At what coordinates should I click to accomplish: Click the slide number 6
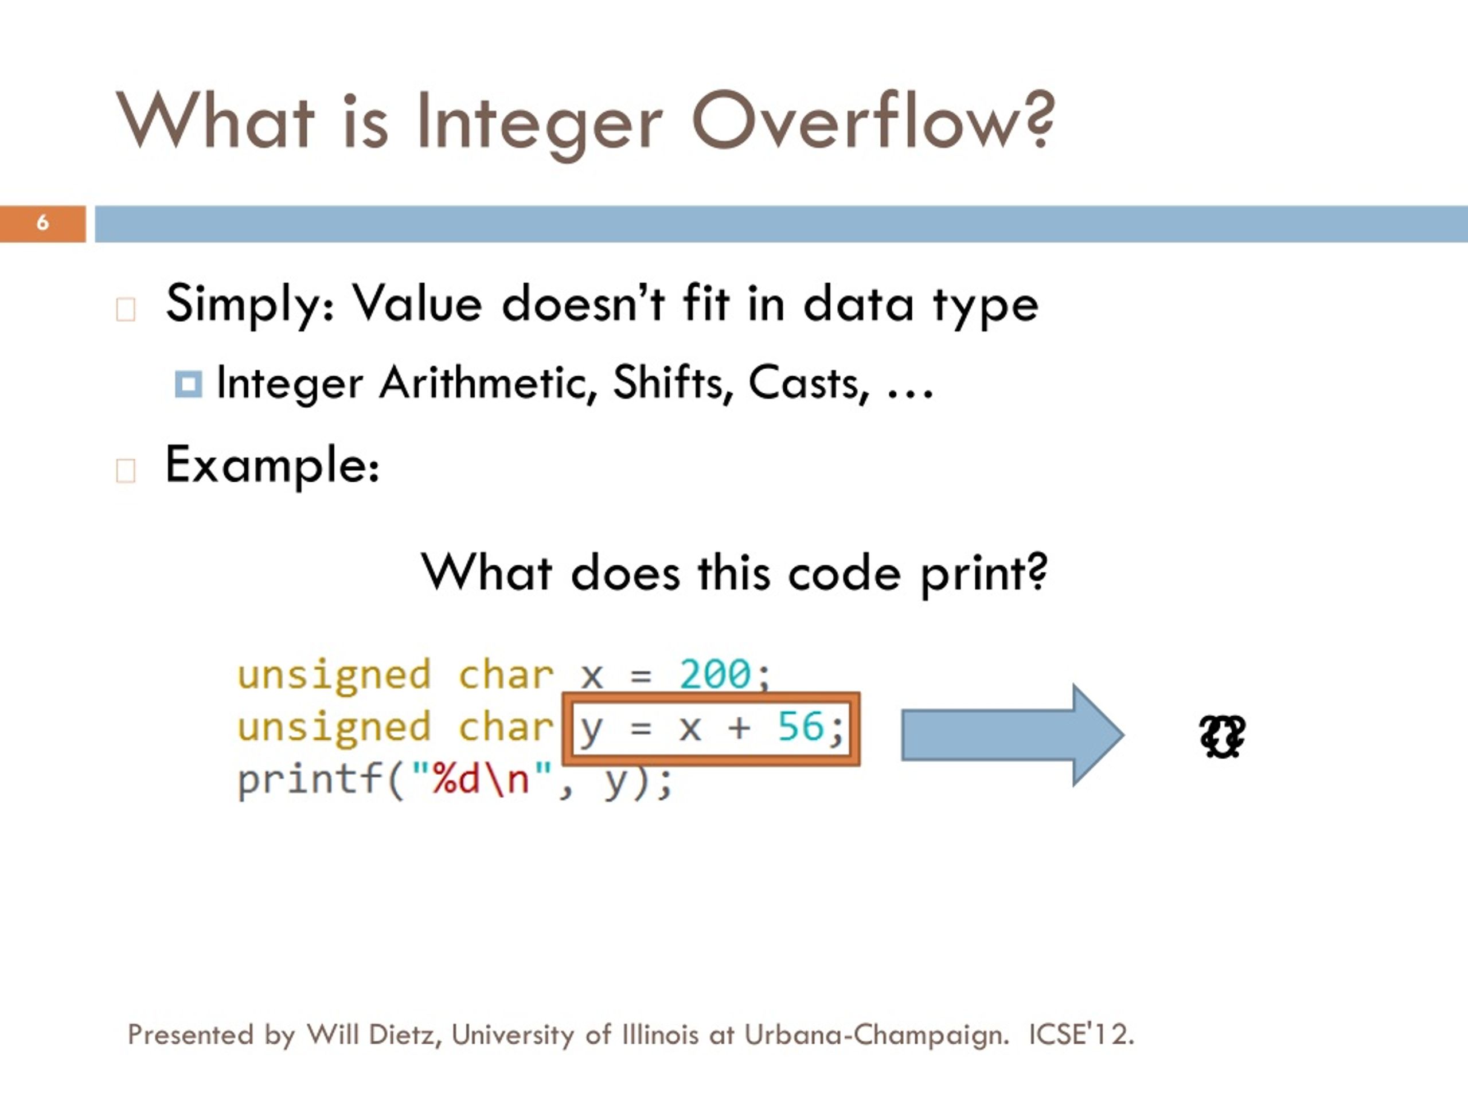(42, 222)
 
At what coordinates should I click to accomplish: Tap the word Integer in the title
(540, 123)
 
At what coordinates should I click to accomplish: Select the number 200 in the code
(715, 674)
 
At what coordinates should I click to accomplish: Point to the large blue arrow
(1012, 735)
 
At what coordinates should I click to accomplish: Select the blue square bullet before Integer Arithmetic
(188, 384)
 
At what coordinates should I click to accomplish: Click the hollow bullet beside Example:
(126, 470)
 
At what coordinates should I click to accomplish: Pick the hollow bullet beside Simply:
(126, 309)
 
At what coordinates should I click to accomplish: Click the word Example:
(272, 465)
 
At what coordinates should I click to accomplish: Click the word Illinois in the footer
(661, 1034)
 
